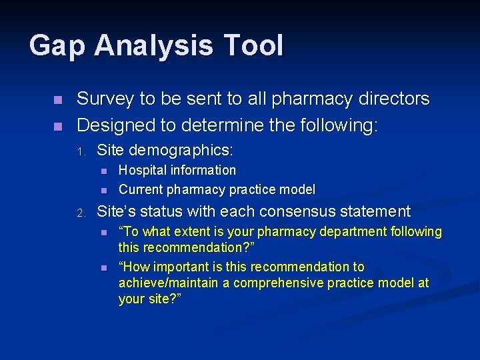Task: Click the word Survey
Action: coord(105,99)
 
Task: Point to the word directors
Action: coord(394,99)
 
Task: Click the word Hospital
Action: coord(144,171)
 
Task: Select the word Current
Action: coord(141,189)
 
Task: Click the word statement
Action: coord(377,212)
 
